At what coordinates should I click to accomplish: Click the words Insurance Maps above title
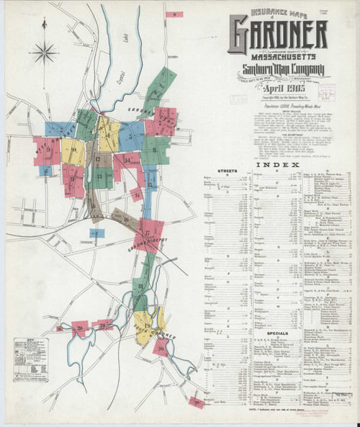pyautogui.click(x=276, y=12)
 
